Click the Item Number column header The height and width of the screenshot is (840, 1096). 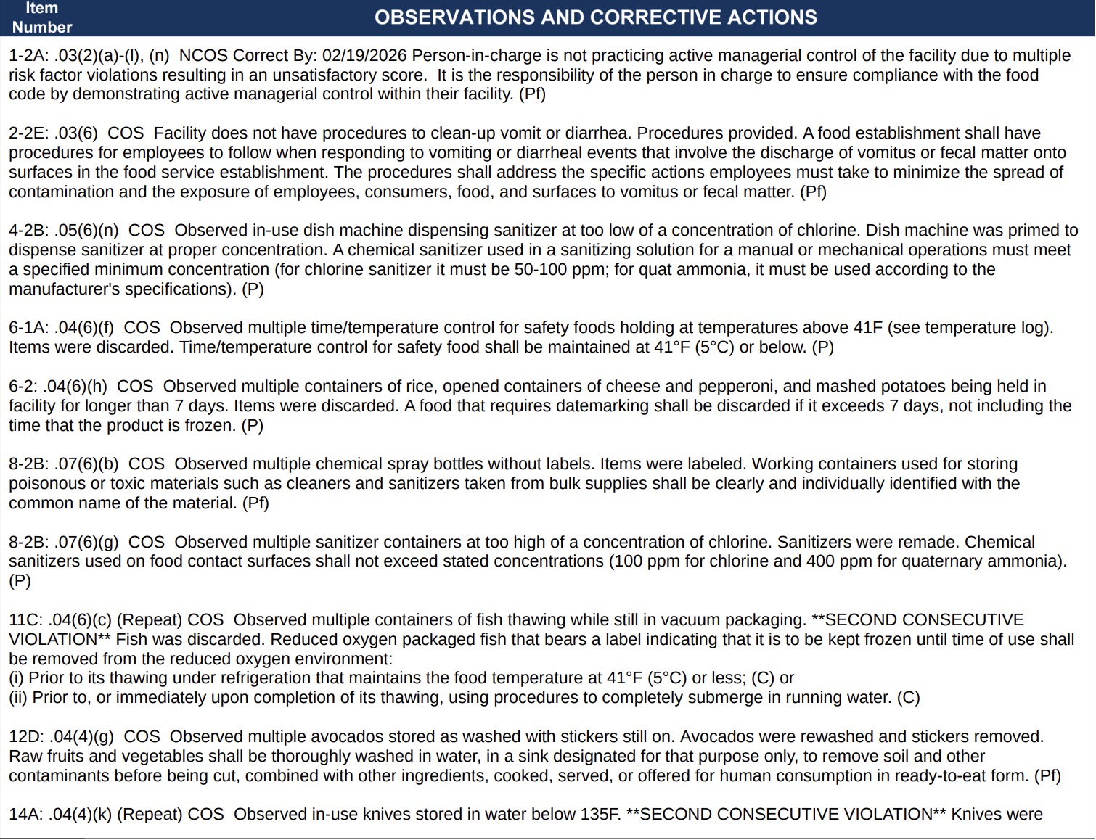[x=41, y=17]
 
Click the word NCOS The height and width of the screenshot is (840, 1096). [x=203, y=56]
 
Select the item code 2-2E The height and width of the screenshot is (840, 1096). [x=28, y=133]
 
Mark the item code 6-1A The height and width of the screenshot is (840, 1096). [x=28, y=328]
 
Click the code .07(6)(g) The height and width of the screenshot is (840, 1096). [x=86, y=543]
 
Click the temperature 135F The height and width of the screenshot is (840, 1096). [x=600, y=815]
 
